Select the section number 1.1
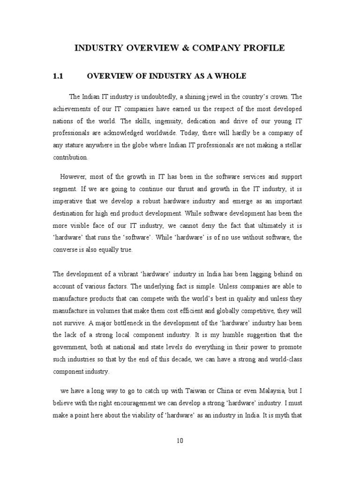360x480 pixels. tap(61, 76)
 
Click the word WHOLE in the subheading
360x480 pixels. tap(230, 76)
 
